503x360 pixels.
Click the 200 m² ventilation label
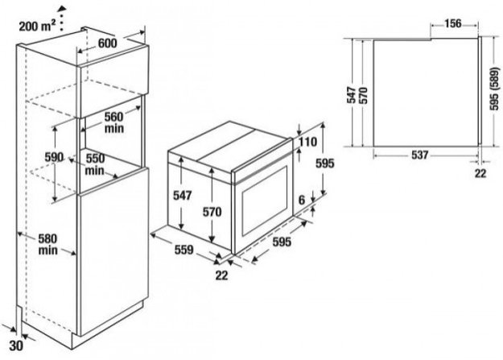[37, 26]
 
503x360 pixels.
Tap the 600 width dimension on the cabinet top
[108, 43]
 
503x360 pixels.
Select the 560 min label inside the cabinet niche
[114, 122]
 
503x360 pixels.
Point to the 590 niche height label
[54, 157]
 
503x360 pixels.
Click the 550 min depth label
[95, 164]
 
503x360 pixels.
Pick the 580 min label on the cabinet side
[47, 244]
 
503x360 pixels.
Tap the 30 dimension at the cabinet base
[16, 346]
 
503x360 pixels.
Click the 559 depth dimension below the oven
[183, 249]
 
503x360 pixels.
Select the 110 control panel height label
[307, 142]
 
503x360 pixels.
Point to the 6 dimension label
[302, 200]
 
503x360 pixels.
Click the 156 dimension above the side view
[453, 23]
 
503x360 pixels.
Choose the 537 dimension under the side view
[419, 155]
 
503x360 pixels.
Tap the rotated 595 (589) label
[495, 89]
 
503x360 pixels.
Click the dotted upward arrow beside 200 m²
[62, 18]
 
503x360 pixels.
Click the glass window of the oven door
[265, 201]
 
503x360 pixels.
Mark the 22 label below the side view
[480, 173]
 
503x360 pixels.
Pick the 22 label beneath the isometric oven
[221, 275]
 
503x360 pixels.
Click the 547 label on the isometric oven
[182, 195]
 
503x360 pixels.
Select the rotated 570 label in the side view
[364, 95]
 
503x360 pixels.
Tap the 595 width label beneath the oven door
[282, 242]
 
